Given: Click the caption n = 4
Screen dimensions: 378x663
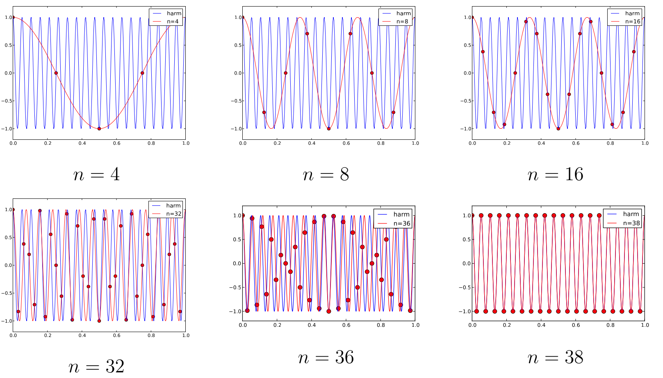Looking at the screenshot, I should pyautogui.click(x=97, y=175).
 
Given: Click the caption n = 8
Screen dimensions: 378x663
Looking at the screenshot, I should pyautogui.click(x=326, y=175).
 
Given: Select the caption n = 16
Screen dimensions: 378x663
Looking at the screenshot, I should pyautogui.click(x=556, y=175).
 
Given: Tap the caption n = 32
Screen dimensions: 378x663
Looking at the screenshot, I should pyautogui.click(x=96, y=366).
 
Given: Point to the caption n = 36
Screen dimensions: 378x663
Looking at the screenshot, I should pyautogui.click(x=326, y=358).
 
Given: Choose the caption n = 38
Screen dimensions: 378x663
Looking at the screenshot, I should pyautogui.click(x=556, y=358).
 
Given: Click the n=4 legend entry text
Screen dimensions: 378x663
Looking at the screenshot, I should pyautogui.click(x=173, y=21).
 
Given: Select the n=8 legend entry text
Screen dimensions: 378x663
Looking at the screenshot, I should pyautogui.click(x=402, y=21).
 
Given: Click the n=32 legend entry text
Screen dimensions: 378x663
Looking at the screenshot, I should pyautogui.click(x=173, y=214).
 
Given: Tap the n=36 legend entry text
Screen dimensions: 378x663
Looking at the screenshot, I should pyautogui.click(x=402, y=223).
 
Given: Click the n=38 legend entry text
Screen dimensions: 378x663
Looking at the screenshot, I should pyautogui.click(x=631, y=223).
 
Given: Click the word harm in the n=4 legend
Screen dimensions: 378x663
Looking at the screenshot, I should pyautogui.click(x=174, y=14).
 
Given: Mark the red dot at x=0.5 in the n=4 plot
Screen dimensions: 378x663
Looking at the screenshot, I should pyautogui.click(x=99, y=129).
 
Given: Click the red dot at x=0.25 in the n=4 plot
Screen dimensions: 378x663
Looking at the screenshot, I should pyautogui.click(x=56, y=73).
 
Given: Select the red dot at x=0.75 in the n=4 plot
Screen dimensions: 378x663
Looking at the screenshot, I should pyautogui.click(x=142, y=73).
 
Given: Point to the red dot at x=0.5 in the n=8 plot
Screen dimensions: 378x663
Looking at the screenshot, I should pyautogui.click(x=329, y=129).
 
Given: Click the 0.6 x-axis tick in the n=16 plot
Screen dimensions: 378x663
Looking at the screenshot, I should pyautogui.click(x=576, y=143).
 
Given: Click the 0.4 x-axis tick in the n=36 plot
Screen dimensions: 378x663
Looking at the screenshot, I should pyautogui.click(x=312, y=325).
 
